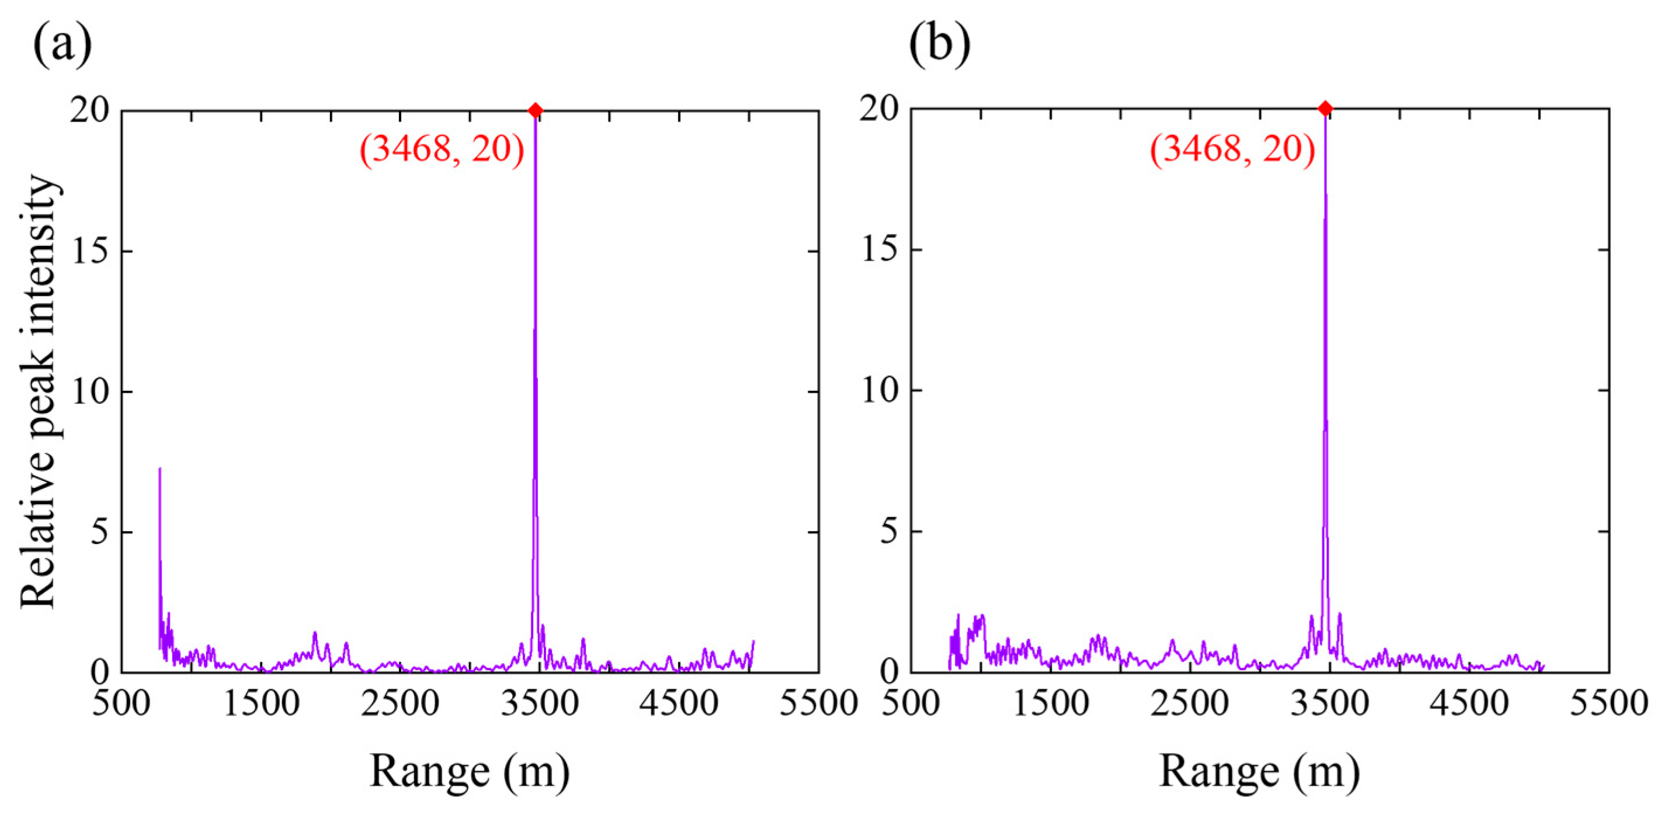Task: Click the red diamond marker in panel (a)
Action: tap(534, 110)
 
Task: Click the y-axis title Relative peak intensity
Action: tap(39, 391)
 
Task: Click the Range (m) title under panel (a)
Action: tap(470, 771)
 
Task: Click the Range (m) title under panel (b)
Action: tap(1259, 771)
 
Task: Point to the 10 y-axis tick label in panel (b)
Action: tap(880, 391)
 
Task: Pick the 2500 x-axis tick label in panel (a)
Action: tap(400, 703)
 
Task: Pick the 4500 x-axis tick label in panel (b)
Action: tap(1469, 703)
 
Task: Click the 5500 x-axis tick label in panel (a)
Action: tap(818, 703)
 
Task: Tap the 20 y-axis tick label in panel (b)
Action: tap(880, 110)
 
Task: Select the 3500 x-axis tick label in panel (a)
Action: tap(540, 703)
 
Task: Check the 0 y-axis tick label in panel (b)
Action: tap(890, 672)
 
